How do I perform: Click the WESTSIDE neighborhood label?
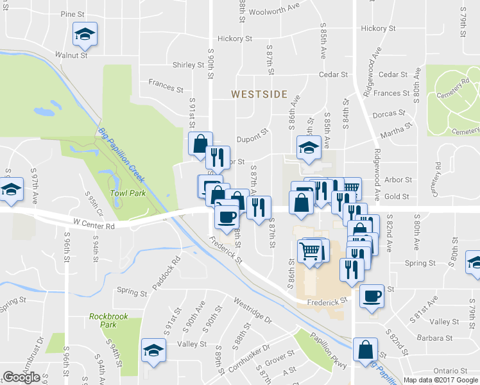pyautogui.click(x=259, y=94)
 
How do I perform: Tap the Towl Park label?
pyautogui.click(x=128, y=193)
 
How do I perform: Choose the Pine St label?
pyautogui.click(x=72, y=13)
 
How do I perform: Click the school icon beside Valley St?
pyautogui.click(x=153, y=349)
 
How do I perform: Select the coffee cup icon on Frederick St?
pyautogui.click(x=372, y=296)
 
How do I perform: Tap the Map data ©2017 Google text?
pyautogui.click(x=441, y=380)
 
